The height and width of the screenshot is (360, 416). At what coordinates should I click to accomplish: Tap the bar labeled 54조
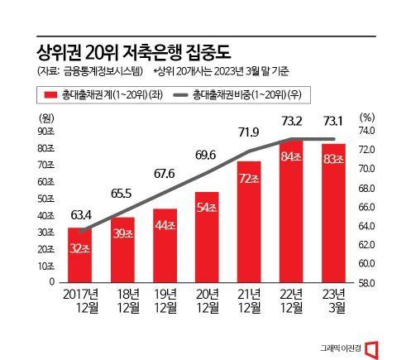point(210,237)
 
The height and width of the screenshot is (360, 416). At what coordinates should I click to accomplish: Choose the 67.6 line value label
point(166,174)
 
